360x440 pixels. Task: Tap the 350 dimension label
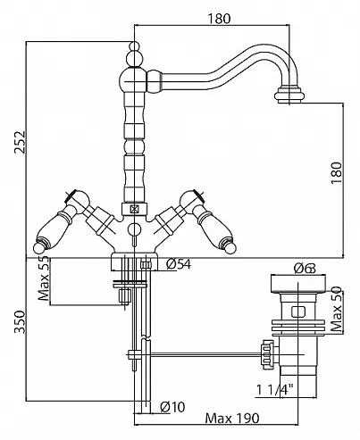21,322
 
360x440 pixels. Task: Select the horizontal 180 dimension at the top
219,19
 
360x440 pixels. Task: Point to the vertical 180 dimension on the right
337,173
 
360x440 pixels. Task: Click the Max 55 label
44,278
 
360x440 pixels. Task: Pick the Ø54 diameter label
179,264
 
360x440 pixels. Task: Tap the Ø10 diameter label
172,406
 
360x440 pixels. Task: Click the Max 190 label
232,419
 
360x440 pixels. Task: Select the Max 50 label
337,310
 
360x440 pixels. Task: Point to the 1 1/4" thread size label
275,390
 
